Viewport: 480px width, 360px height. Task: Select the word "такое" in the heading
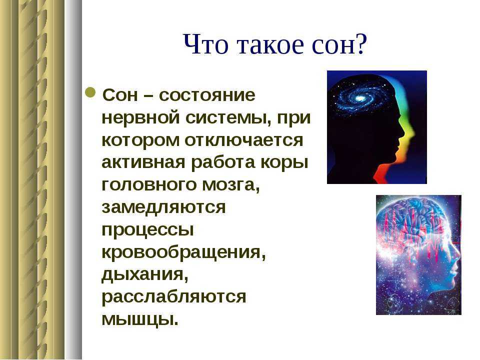tap(271, 45)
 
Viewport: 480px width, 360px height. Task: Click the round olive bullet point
tap(90, 92)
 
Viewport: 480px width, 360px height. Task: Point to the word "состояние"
tap(207, 95)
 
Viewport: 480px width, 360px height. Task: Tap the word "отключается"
tap(243, 140)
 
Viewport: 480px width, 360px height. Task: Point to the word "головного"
tap(149, 185)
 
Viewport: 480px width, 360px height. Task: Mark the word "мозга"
tap(231, 185)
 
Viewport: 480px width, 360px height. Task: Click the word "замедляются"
tap(163, 207)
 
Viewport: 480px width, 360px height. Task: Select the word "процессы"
tap(147, 230)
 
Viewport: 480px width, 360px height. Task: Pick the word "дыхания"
tap(145, 274)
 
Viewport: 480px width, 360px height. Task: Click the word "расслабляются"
tap(173, 296)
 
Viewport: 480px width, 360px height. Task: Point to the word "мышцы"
tap(140, 319)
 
